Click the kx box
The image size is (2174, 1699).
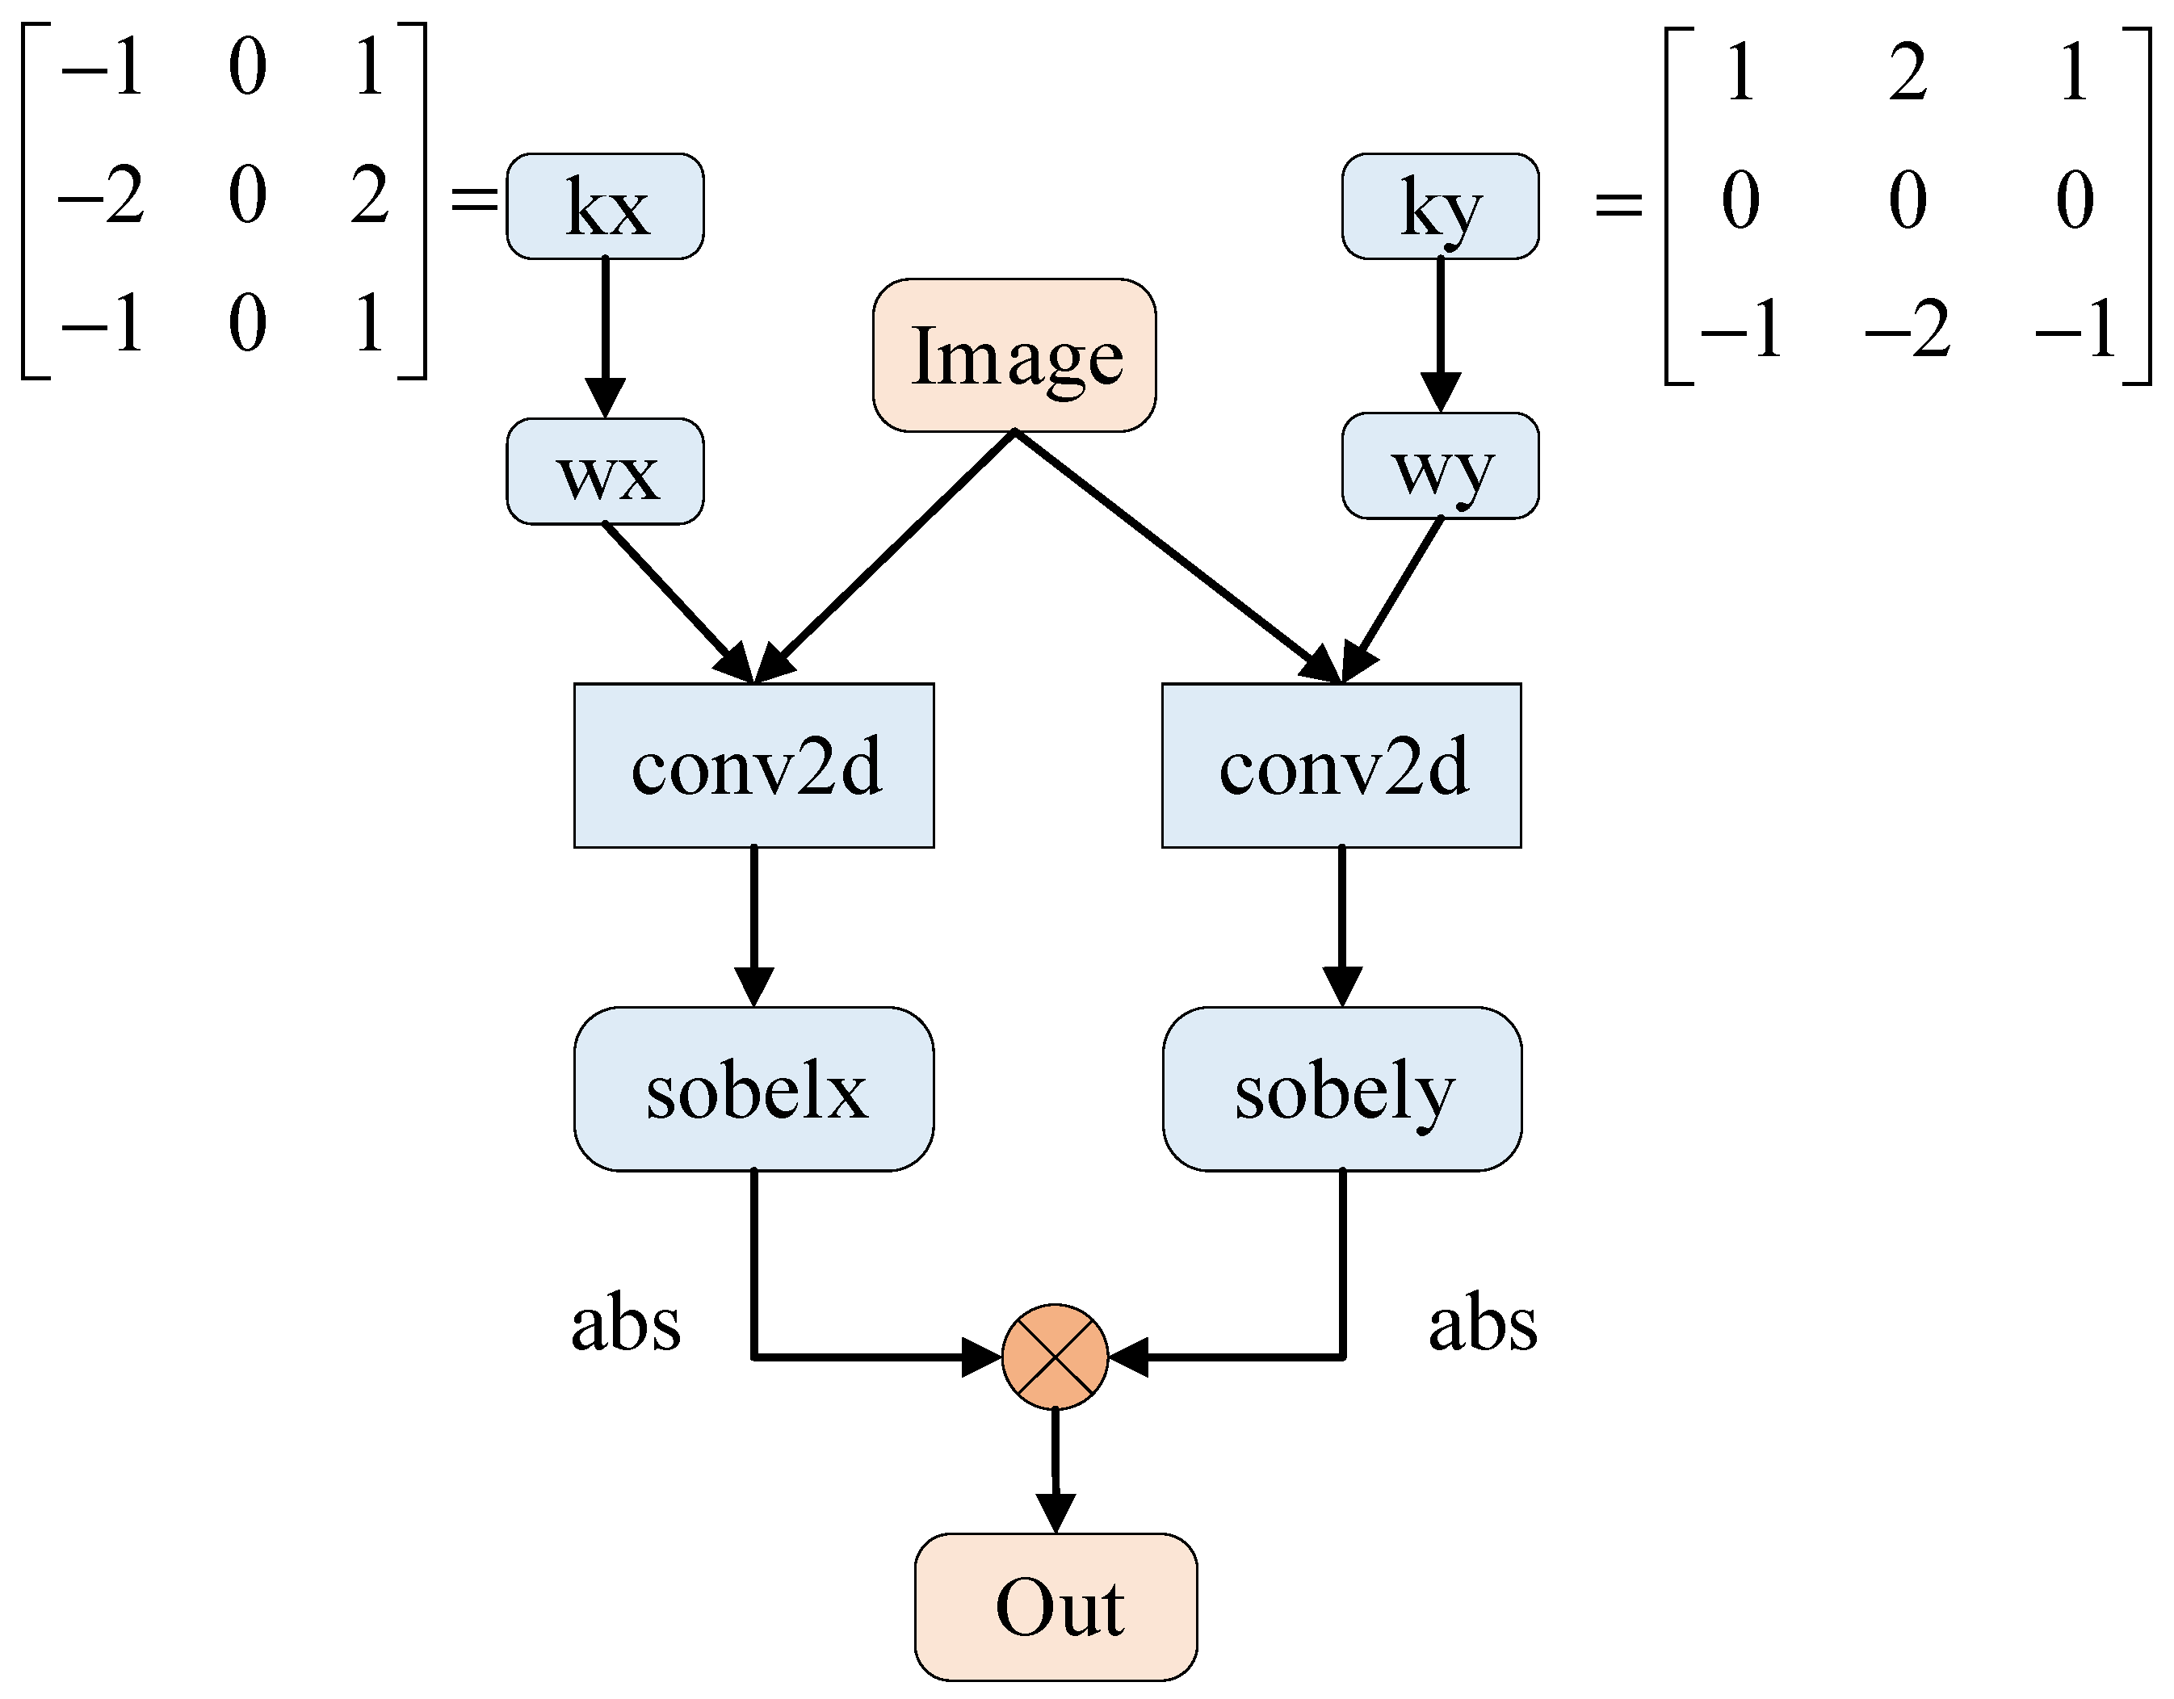[605, 206]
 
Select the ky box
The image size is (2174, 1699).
[1441, 206]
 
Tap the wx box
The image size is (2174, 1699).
[605, 472]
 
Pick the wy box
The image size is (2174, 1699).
[1441, 466]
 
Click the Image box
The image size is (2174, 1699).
[1014, 355]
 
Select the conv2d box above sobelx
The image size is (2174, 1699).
[753, 766]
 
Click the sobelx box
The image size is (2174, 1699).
[753, 1089]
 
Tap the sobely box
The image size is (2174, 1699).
[1342, 1089]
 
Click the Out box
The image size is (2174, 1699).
[1056, 1608]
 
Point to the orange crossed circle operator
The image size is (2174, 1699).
[1056, 1357]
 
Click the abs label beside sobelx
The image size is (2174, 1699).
[625, 1325]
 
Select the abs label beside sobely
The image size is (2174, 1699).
[1482, 1325]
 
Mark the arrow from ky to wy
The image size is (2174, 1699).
[1441, 334]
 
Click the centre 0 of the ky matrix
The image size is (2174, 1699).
[1907, 200]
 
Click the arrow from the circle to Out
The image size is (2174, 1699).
[1056, 1468]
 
